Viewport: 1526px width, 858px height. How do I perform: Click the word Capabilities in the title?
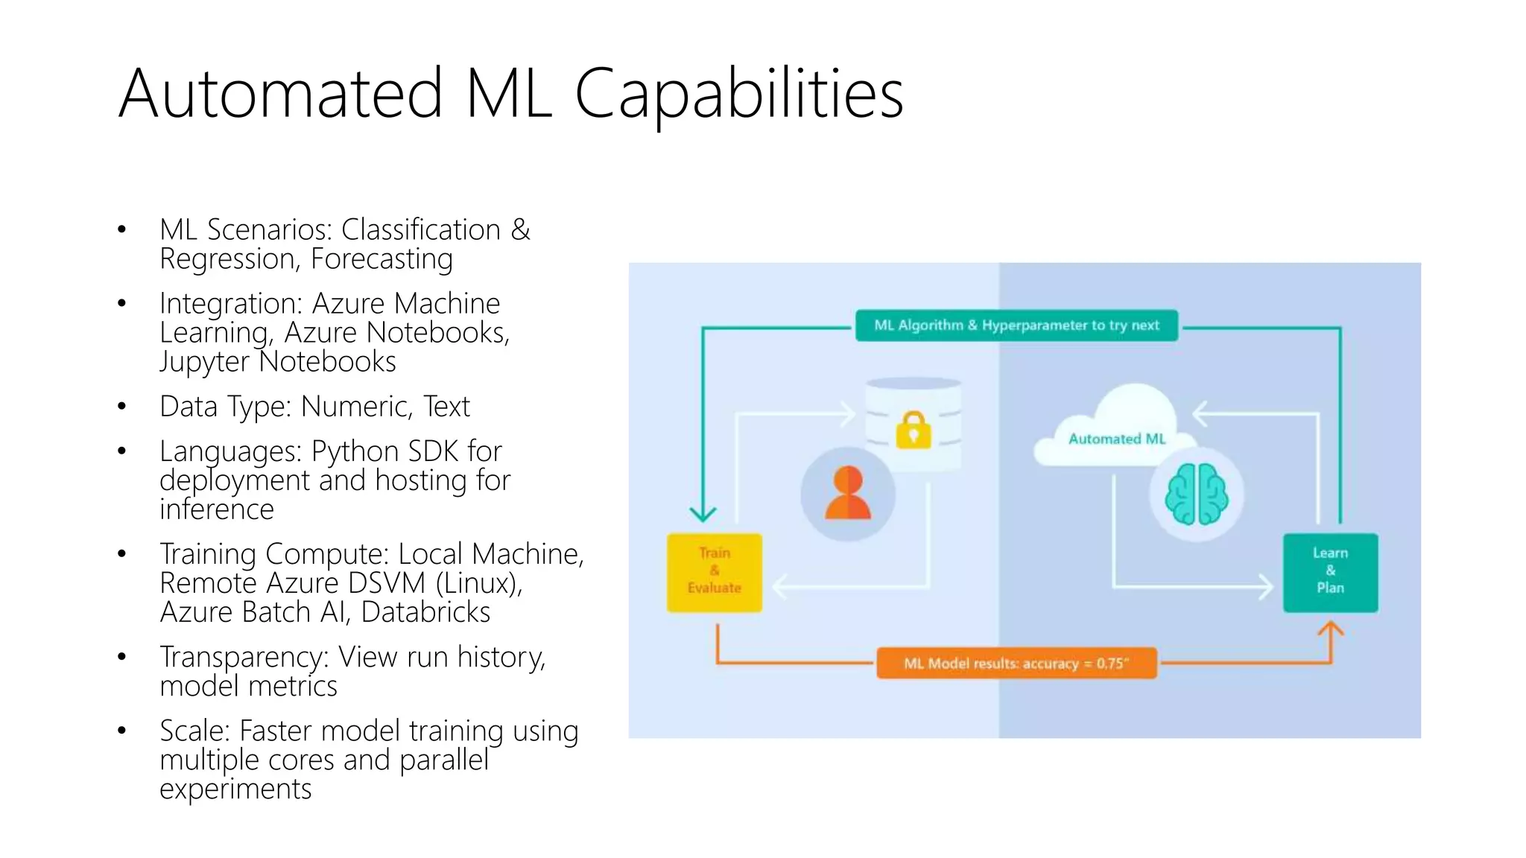coord(738,94)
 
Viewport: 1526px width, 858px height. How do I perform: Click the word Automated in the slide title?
coord(281,94)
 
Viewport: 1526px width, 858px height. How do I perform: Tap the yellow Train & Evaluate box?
coord(714,572)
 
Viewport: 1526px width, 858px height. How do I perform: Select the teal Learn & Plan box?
coord(1330,572)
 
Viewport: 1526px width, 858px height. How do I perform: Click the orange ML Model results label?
coord(1016,663)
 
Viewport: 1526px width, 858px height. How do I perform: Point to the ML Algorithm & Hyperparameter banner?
coord(1016,325)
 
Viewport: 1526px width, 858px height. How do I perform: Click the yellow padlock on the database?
coord(914,430)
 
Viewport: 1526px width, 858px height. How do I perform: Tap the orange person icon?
coord(848,493)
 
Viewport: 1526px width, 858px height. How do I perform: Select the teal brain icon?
coord(1196,494)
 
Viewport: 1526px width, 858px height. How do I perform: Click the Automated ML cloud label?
coord(1116,439)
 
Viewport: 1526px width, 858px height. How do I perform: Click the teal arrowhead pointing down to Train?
coord(703,513)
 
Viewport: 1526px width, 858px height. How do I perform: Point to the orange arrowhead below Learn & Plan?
coord(1331,630)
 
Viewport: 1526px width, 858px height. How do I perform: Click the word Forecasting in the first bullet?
coord(381,259)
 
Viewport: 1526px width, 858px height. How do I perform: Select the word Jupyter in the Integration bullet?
coord(203,362)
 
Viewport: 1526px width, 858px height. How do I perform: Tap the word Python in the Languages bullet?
coord(355,451)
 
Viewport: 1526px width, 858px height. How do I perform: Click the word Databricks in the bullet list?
coord(425,612)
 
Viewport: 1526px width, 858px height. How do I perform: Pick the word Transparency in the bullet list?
coord(244,657)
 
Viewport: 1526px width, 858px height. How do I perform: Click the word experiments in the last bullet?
coord(235,789)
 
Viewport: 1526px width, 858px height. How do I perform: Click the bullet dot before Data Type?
coord(121,407)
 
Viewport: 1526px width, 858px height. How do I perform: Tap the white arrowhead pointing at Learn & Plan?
coord(1266,587)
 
